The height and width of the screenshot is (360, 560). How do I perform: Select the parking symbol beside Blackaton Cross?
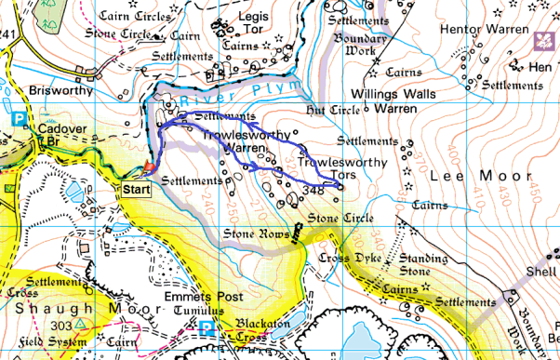point(206,327)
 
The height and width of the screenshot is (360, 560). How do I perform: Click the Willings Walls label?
point(401,93)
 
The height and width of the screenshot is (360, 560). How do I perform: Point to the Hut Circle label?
point(333,110)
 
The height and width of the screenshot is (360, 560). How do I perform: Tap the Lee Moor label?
point(473,175)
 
